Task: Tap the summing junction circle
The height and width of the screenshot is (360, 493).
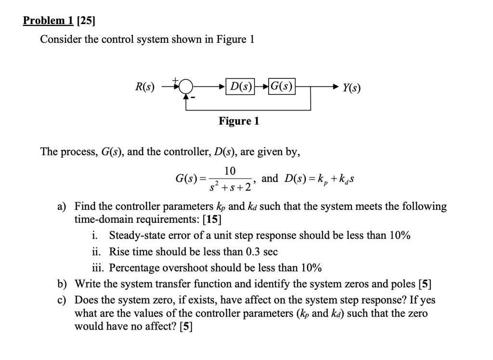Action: click(x=186, y=87)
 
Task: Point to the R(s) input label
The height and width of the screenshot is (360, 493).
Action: click(x=145, y=87)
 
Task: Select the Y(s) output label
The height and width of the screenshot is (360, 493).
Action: click(x=352, y=88)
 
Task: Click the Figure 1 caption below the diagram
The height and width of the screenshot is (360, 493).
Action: click(x=239, y=121)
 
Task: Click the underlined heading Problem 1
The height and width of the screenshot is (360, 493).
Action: click(x=48, y=20)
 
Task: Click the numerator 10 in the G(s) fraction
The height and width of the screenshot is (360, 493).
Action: click(x=230, y=171)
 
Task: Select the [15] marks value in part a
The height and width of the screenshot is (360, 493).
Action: click(x=212, y=219)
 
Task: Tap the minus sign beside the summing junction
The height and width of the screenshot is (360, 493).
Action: click(x=194, y=98)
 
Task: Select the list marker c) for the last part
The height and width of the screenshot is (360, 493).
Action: click(x=62, y=300)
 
